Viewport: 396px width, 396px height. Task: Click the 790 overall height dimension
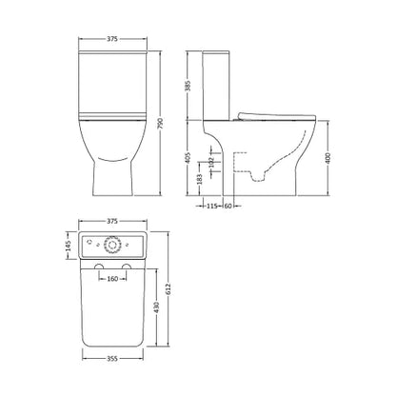pos(160,123)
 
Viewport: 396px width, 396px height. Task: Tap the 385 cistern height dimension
pos(188,86)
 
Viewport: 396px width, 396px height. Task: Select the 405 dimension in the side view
pos(188,158)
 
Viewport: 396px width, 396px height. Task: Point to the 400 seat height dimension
pos(328,158)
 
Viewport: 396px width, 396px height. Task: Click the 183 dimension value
pos(199,179)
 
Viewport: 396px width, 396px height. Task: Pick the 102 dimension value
pos(212,162)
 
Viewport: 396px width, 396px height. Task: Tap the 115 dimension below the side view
pos(211,206)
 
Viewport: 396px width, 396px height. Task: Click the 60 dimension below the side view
pos(228,206)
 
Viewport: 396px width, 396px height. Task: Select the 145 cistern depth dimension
pos(69,246)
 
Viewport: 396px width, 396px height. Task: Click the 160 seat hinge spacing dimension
pos(112,279)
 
